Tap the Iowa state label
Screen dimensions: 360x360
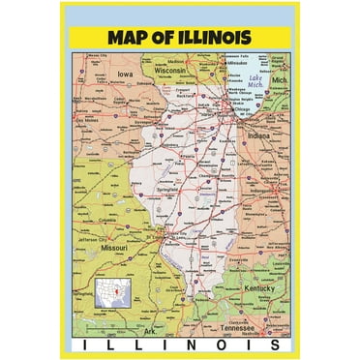click(123, 73)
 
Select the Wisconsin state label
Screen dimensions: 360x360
click(168, 71)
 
